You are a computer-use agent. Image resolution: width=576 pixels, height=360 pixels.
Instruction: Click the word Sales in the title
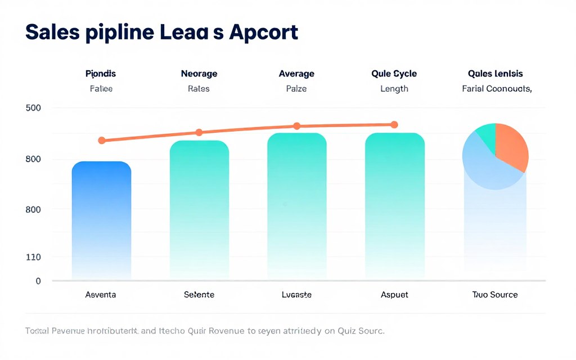tap(51, 33)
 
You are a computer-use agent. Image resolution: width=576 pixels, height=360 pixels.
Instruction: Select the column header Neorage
tap(199, 74)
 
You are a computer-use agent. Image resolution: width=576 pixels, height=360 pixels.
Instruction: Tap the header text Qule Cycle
tap(394, 74)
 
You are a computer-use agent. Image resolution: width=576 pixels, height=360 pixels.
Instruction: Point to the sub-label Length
tap(394, 89)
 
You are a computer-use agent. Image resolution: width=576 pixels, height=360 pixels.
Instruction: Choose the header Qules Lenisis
tap(495, 74)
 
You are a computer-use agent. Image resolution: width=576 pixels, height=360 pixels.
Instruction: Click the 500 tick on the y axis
tap(33, 108)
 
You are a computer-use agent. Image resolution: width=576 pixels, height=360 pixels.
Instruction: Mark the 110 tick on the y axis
tap(33, 257)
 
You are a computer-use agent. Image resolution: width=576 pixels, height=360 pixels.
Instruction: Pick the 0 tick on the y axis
tap(38, 281)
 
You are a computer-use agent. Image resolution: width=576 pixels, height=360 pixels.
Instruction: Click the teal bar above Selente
tap(199, 208)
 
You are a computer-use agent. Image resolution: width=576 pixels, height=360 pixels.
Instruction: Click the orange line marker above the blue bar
tap(102, 140)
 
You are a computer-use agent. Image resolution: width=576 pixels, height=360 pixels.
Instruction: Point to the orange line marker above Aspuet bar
tap(394, 124)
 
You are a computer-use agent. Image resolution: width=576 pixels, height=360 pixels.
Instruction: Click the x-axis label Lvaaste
tap(296, 295)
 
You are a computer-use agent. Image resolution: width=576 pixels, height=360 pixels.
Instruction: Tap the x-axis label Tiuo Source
tap(495, 295)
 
